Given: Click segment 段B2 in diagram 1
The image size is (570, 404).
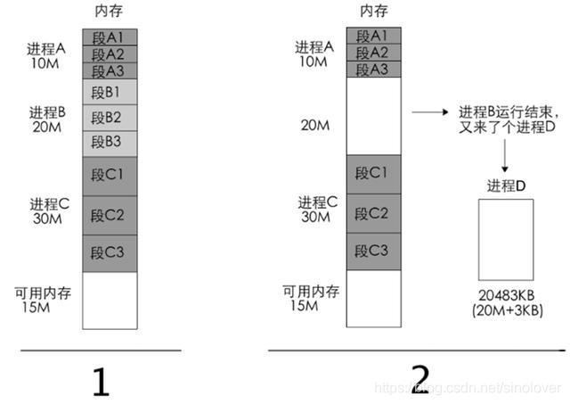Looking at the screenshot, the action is tap(110, 117).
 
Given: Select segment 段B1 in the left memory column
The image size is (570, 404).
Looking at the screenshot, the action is tap(110, 91).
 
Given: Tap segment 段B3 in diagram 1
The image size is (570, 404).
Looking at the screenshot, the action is tap(110, 143).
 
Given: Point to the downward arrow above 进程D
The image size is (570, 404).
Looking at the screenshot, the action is tap(504, 153).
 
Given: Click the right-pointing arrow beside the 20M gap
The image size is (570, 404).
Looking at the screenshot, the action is tap(429, 113).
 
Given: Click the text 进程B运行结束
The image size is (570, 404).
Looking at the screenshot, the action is tap(509, 113).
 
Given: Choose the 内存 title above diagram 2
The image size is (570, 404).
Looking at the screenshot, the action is tap(373, 11).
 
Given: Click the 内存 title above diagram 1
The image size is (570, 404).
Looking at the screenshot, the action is tap(110, 11).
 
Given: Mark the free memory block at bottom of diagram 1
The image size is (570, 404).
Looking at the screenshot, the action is tap(110, 301).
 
